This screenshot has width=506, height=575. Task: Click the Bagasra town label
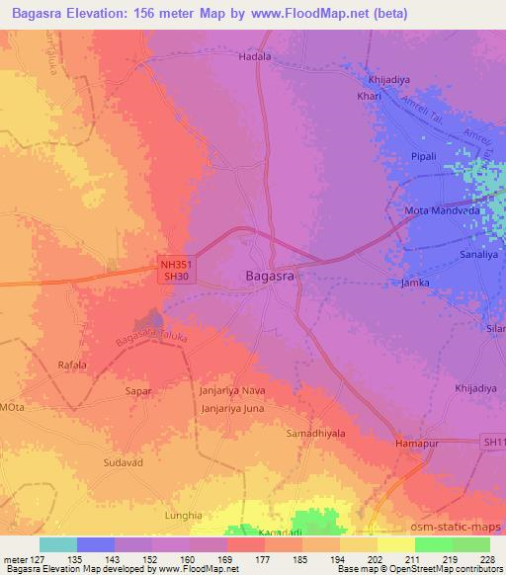(269, 278)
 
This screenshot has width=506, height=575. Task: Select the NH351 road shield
(176, 265)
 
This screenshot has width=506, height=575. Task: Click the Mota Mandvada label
(443, 211)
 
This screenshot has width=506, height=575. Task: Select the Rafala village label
(72, 365)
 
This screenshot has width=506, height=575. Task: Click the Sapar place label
(137, 391)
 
